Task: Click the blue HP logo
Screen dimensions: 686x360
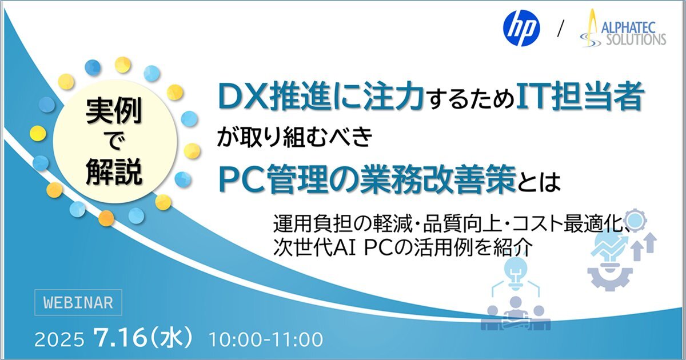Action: coord(521,28)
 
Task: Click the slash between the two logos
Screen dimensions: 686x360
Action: coord(561,28)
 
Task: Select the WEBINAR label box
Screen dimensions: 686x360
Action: coord(78,302)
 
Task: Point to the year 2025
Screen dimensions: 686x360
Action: coord(59,339)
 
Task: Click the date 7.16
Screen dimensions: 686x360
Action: coord(120,338)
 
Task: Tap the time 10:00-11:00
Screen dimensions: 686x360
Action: coord(266,339)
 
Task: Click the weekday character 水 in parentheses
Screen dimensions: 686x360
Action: coord(170,338)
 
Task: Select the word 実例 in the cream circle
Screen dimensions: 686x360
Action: coord(114,111)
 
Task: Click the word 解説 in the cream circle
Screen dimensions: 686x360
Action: coord(114,171)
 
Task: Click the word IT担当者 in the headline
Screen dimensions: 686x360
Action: coord(579,97)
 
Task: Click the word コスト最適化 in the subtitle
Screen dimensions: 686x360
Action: coord(567,224)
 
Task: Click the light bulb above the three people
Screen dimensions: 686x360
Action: coord(517,273)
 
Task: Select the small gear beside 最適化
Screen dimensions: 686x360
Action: coord(636,220)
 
